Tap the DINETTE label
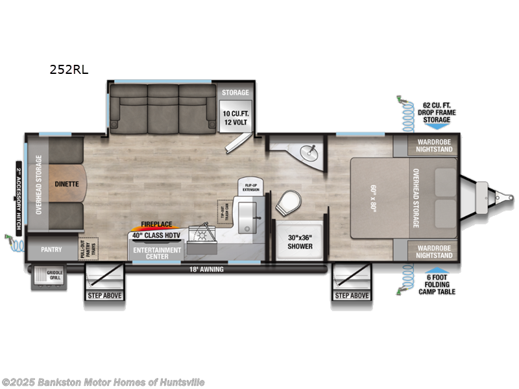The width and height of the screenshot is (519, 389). click(66, 183)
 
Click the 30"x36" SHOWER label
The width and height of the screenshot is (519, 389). click(300, 241)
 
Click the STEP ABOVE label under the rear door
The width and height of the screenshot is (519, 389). click(104, 296)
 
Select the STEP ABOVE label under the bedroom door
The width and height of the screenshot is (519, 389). click(352, 296)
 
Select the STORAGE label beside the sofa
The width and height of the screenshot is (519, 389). click(235, 92)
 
